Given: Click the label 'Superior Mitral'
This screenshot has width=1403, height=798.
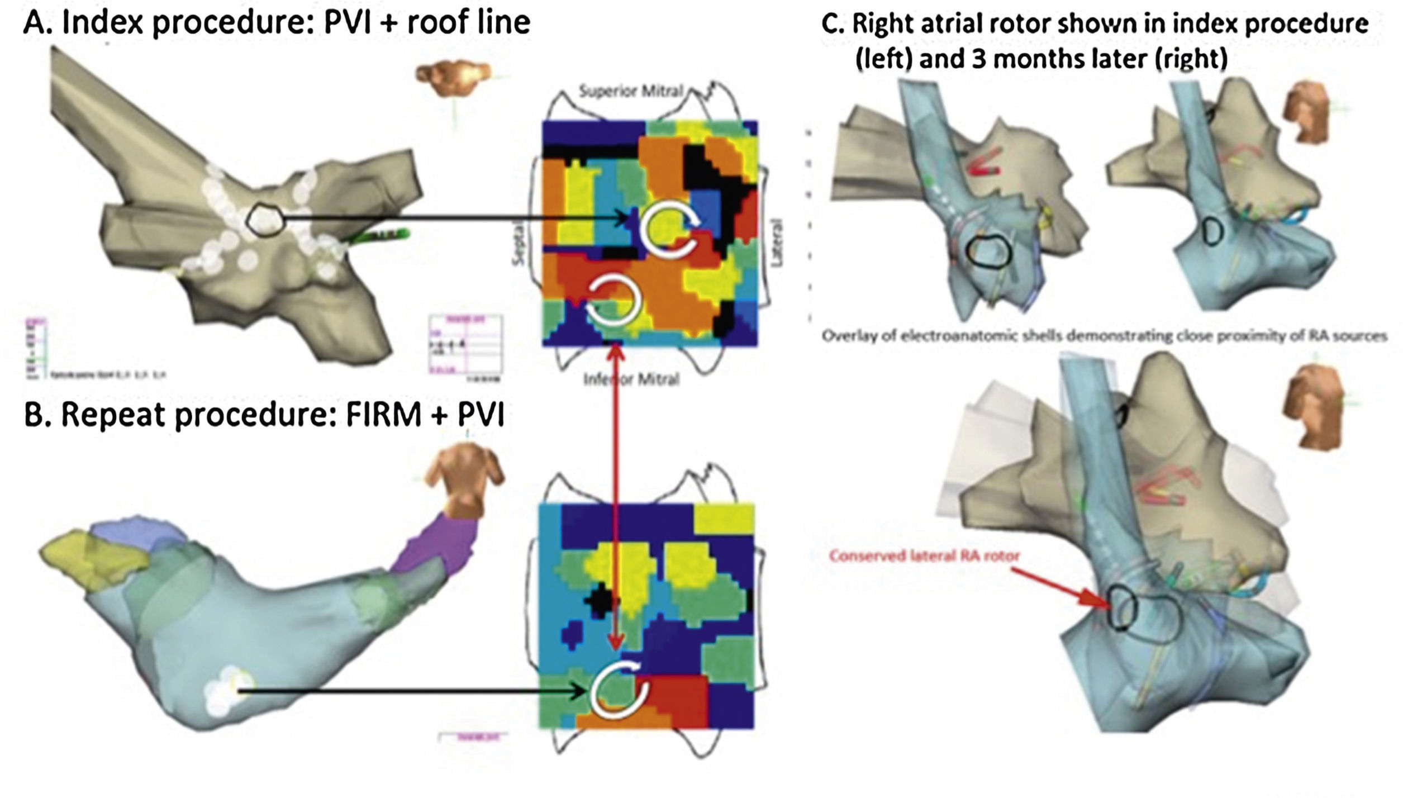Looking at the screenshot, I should (x=630, y=91).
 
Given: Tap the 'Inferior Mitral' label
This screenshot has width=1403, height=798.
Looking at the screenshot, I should (x=631, y=379).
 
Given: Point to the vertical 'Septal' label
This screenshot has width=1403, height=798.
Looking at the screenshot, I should (x=520, y=242).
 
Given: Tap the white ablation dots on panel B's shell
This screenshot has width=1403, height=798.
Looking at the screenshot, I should (x=226, y=692).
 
